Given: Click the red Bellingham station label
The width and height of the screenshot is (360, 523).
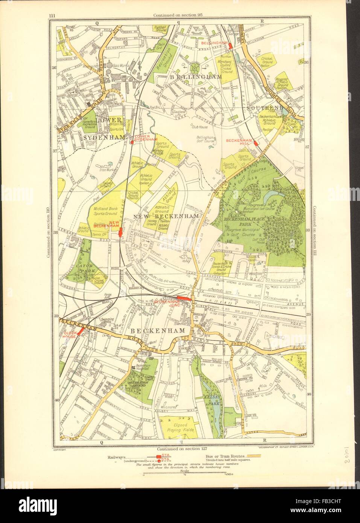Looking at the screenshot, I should pyautogui.click(x=214, y=43).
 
